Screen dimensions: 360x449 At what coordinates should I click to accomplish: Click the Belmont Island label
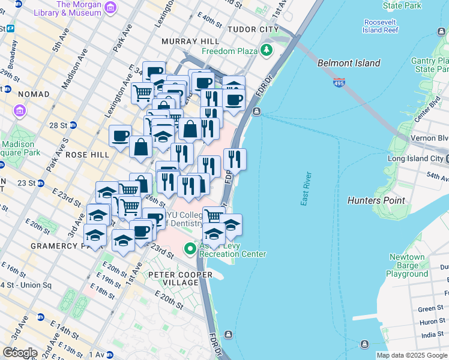click(x=349, y=63)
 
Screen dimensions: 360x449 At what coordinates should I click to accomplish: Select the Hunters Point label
click(x=376, y=200)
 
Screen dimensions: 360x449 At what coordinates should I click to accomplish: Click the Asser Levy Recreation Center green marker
click(x=190, y=247)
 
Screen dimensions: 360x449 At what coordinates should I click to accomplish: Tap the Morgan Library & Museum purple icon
click(x=110, y=8)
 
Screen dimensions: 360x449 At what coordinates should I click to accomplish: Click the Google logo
click(x=20, y=353)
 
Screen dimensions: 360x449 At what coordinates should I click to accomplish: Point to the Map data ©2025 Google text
click(x=412, y=355)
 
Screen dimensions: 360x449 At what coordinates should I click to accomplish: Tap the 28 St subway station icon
click(x=73, y=125)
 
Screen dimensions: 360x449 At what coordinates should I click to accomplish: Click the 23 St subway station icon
click(x=40, y=183)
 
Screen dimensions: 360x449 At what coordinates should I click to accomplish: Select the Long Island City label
click(x=415, y=158)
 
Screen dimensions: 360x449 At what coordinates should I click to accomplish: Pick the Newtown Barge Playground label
click(x=407, y=265)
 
